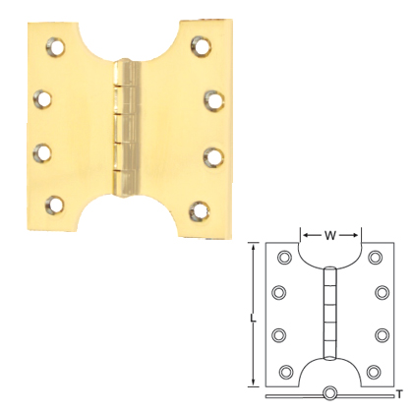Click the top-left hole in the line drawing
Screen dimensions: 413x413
point(285,259)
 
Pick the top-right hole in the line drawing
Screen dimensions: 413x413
point(375,259)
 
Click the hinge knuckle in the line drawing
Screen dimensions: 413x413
point(330,315)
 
